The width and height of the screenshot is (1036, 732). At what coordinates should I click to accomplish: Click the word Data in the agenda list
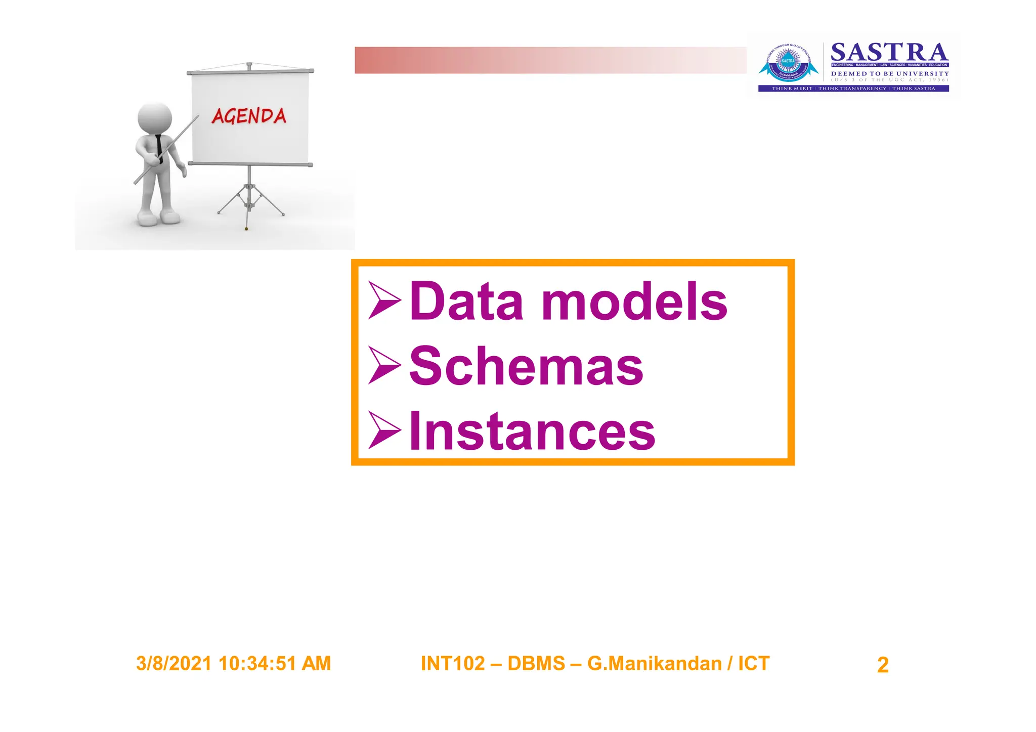[x=465, y=302]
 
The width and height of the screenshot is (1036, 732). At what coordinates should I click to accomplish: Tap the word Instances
[x=532, y=431]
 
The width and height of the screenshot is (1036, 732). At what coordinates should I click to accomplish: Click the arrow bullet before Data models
[x=384, y=300]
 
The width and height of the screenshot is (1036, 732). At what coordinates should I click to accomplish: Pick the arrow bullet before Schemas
[x=384, y=365]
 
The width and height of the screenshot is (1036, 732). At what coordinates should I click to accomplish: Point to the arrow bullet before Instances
[x=384, y=430]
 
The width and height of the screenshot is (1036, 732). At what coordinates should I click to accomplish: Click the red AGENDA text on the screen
[x=249, y=116]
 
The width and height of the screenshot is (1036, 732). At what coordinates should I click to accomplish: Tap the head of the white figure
[x=155, y=117]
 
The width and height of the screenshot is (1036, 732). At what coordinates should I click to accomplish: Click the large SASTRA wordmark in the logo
[x=889, y=53]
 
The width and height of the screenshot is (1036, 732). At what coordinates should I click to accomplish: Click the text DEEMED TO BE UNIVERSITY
[x=890, y=73]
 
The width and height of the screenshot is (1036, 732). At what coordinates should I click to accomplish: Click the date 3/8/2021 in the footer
[x=174, y=664]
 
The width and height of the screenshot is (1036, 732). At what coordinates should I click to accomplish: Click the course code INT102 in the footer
[x=452, y=664]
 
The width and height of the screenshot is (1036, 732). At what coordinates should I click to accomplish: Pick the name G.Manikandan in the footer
[x=654, y=664]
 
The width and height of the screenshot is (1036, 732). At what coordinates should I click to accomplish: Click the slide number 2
[x=882, y=665]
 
